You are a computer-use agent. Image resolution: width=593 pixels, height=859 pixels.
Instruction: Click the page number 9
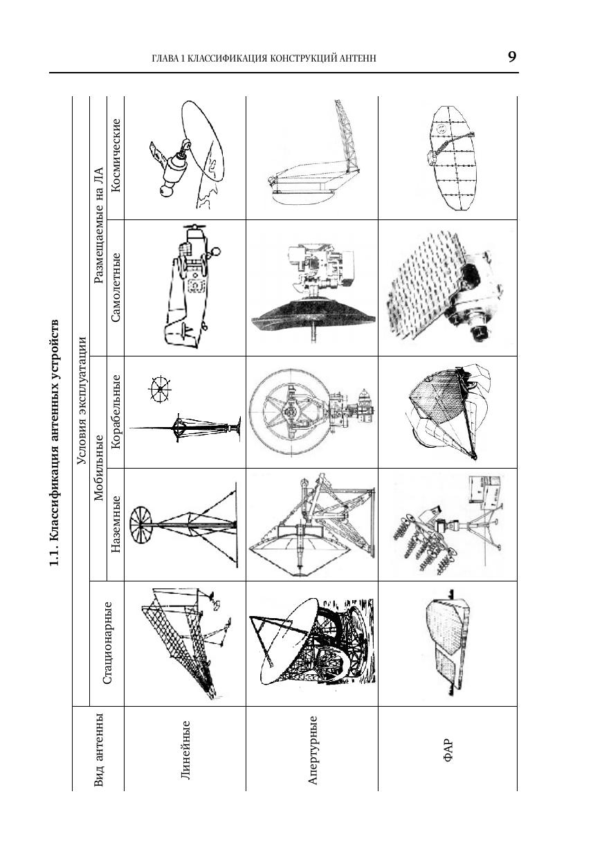512,57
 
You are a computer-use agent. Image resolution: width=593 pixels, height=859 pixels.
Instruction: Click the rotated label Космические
116,155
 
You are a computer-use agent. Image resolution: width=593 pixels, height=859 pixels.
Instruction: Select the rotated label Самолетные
116,287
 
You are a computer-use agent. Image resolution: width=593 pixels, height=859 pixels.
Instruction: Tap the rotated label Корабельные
116,411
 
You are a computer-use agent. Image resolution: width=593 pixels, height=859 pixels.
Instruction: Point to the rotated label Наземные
116,524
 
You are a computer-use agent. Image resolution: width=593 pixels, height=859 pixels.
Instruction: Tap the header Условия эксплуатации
82,400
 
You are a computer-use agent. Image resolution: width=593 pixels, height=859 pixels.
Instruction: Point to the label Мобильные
98,468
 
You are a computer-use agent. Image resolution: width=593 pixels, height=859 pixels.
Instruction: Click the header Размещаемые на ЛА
98,225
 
